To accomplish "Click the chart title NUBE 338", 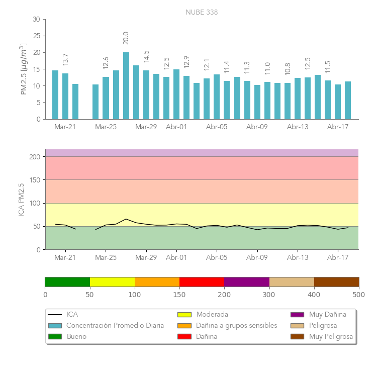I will point(202,12).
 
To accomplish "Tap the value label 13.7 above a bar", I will point(65,59).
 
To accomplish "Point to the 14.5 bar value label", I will point(146,56).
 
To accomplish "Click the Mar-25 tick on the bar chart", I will point(106,127).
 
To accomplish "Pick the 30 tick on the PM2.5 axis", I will point(36,19).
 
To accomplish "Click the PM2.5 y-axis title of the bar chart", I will point(24,69).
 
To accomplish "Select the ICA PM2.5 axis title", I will point(22,200).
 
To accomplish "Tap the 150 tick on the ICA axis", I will point(34,180).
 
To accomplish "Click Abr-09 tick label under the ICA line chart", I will point(257,258).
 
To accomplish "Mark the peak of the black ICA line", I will point(126,219).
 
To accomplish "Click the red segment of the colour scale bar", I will point(202,281).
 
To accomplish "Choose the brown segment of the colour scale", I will point(336,281).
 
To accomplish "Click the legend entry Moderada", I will point(212,315).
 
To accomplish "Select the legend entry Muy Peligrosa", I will point(331,337).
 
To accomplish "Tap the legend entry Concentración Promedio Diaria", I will point(115,326).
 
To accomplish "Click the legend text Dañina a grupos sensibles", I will point(236,326).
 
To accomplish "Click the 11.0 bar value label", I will point(267,68).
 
